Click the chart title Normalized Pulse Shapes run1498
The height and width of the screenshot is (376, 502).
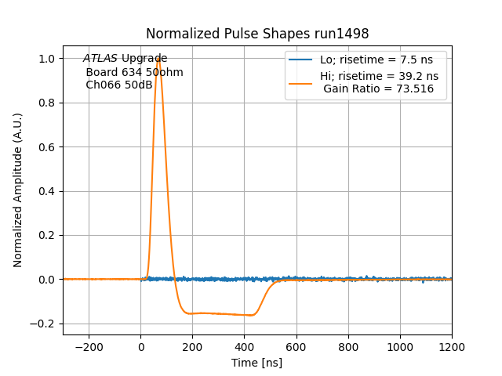257,34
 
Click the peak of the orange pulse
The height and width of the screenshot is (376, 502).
158,58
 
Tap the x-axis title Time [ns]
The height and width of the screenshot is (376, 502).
256,363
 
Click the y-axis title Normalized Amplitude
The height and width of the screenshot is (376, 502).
18,190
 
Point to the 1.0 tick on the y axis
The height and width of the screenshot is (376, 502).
47,59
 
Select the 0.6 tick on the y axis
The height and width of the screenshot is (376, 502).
47,147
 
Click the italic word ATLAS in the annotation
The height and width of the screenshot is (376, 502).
100,59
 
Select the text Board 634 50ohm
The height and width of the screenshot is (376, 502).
134,72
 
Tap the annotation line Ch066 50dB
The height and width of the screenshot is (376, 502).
119,85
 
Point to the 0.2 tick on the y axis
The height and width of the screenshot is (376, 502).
47,235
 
